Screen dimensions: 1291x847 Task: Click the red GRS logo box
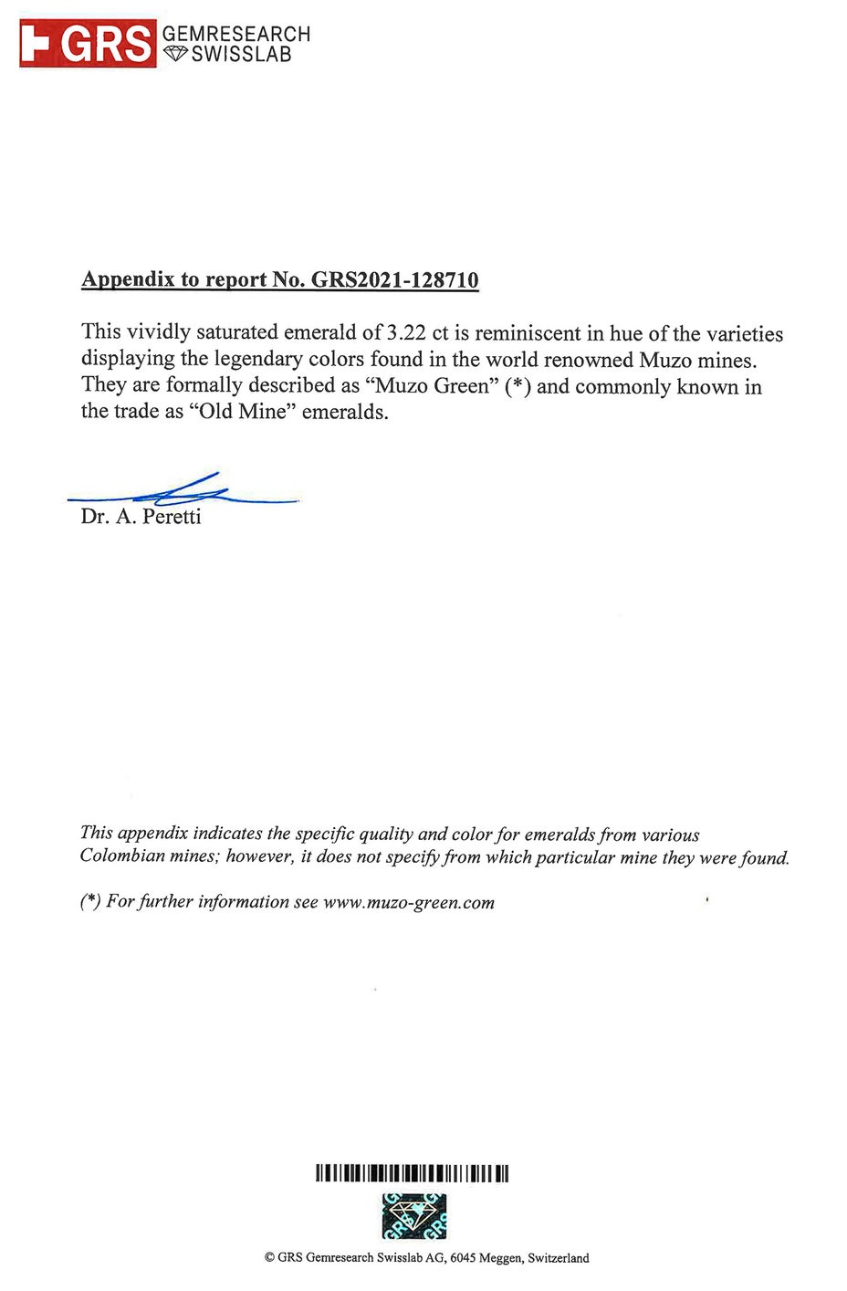(x=88, y=44)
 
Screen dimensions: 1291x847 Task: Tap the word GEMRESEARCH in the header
(x=235, y=34)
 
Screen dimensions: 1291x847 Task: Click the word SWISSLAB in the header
(x=241, y=55)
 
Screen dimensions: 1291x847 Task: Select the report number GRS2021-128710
(x=394, y=279)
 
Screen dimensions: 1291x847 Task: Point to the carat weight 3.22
(x=406, y=333)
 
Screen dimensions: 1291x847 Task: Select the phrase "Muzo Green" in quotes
(x=432, y=385)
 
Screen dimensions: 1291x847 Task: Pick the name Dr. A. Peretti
(x=141, y=517)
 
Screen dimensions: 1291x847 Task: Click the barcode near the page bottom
(x=412, y=1173)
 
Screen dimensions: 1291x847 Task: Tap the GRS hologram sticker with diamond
(x=413, y=1216)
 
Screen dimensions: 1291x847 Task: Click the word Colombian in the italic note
(x=121, y=855)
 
